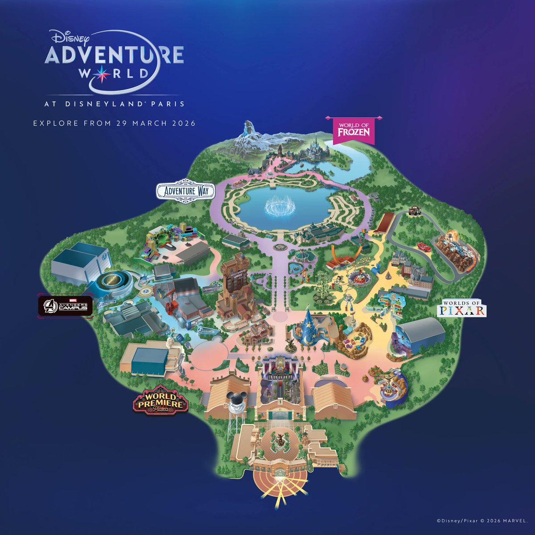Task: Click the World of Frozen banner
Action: pyautogui.click(x=354, y=130)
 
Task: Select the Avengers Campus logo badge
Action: pyautogui.click(x=65, y=305)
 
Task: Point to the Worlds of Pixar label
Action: pyautogui.click(x=462, y=308)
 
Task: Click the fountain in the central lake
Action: pyautogui.click(x=278, y=207)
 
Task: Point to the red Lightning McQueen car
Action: pyautogui.click(x=423, y=247)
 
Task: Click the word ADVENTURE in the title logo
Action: pyautogui.click(x=115, y=54)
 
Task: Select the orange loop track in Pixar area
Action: pyautogui.click(x=340, y=258)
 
